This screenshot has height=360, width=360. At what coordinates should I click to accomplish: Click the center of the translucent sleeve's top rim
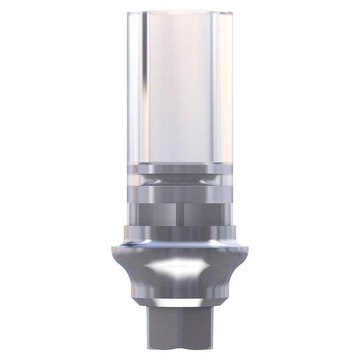pyautogui.click(x=180, y=7)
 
